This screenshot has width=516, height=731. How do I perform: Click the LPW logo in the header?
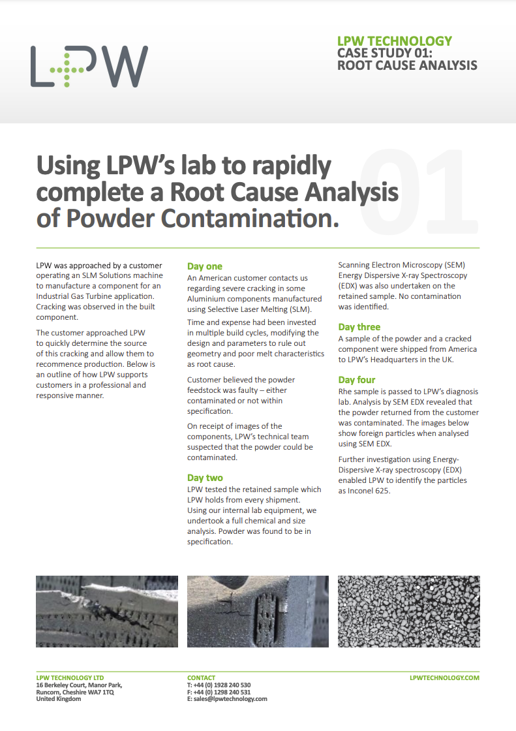89,67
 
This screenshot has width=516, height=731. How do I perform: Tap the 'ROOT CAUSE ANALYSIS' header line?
407,65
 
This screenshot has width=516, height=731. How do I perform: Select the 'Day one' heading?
205,266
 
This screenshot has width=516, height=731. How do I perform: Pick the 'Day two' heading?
205,478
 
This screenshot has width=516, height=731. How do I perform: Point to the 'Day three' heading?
359,327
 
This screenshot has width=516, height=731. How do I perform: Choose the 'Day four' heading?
357,380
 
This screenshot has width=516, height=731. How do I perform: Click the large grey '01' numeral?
417,193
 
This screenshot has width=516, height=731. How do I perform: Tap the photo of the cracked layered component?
107,611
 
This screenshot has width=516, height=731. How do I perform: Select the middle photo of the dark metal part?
258,611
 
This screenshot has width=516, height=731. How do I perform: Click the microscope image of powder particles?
409,611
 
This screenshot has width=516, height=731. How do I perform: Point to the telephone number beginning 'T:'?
219,685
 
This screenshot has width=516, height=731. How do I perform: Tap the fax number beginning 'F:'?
219,692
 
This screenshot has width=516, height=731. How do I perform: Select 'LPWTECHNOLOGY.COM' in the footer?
444,678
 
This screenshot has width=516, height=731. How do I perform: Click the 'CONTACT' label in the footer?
201,678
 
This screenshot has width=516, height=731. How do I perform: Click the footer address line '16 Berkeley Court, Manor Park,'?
79,685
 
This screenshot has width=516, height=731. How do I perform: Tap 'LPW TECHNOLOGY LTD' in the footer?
70,678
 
